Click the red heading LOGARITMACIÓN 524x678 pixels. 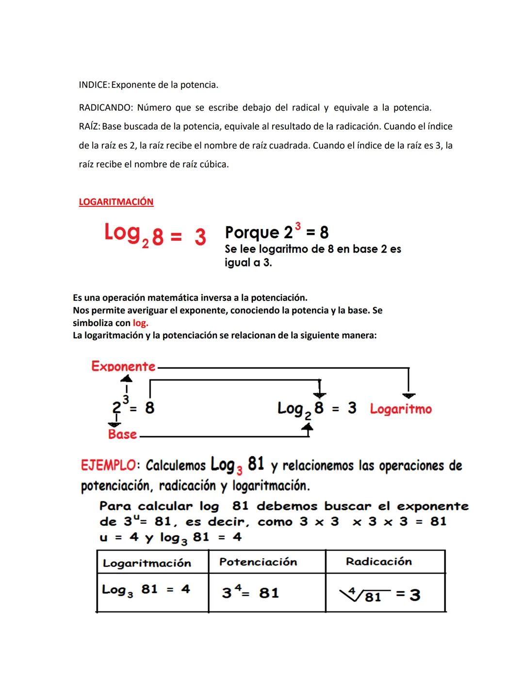click(116, 202)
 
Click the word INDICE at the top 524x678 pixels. click(94, 85)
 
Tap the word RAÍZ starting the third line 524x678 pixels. click(89, 127)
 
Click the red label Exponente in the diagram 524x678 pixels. click(123, 366)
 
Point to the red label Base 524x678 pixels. click(122, 434)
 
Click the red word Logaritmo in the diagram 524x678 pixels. click(401, 409)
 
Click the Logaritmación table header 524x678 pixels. click(147, 563)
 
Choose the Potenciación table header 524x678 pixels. click(258, 562)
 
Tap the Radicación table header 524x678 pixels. click(379, 562)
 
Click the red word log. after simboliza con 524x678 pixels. click(140, 323)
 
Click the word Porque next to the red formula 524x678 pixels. click(252, 233)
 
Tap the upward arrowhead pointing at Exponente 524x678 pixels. click(126, 378)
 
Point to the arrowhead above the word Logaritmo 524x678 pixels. click(409, 396)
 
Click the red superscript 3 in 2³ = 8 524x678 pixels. click(297, 226)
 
